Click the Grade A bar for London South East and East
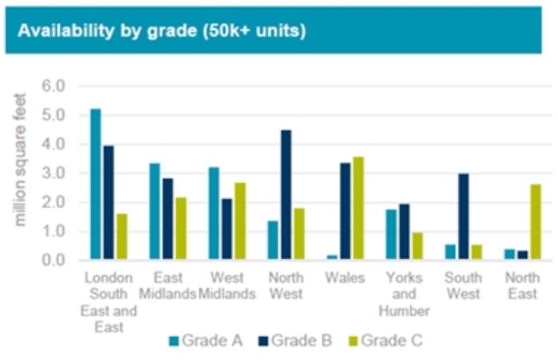click(96, 184)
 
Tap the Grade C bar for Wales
click(358, 208)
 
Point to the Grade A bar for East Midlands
click(155, 212)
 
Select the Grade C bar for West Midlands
click(239, 221)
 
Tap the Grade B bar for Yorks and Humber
click(404, 232)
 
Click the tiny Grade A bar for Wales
click(332, 257)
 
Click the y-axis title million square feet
click(22, 160)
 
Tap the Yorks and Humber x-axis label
click(404, 295)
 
